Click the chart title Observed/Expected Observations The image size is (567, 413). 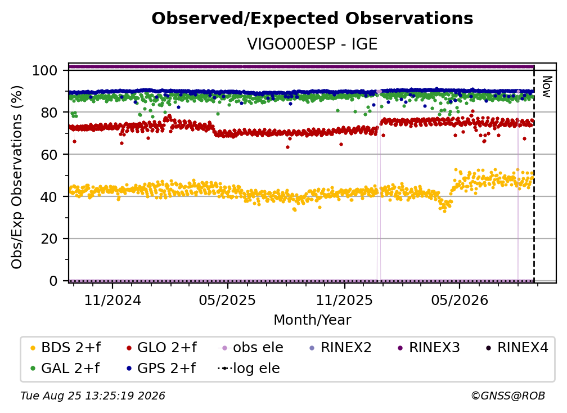click(x=312, y=19)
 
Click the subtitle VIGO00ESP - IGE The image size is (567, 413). click(x=312, y=44)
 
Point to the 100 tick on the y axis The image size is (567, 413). click(x=45, y=70)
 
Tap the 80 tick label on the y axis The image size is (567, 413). click(x=49, y=113)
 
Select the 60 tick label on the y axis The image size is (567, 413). click(x=49, y=155)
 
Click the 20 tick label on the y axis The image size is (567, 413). click(x=49, y=239)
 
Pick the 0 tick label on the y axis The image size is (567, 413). click(x=53, y=281)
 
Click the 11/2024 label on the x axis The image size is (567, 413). click(x=112, y=300)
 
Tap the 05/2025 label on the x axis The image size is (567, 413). click(x=227, y=300)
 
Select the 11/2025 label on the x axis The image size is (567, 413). click(x=344, y=300)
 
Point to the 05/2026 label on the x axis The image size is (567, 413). click(x=459, y=300)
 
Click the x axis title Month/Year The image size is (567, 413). click(x=312, y=320)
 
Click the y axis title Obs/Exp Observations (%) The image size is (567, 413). click(x=17, y=177)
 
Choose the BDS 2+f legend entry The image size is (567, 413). click(x=65, y=348)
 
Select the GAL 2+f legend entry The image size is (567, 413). click(x=65, y=368)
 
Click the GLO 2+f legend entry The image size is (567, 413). click(x=161, y=348)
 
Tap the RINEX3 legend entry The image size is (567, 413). click(x=429, y=348)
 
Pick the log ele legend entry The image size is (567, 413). click(x=249, y=368)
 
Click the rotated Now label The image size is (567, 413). click(x=547, y=87)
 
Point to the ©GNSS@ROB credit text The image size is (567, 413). click(x=508, y=396)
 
